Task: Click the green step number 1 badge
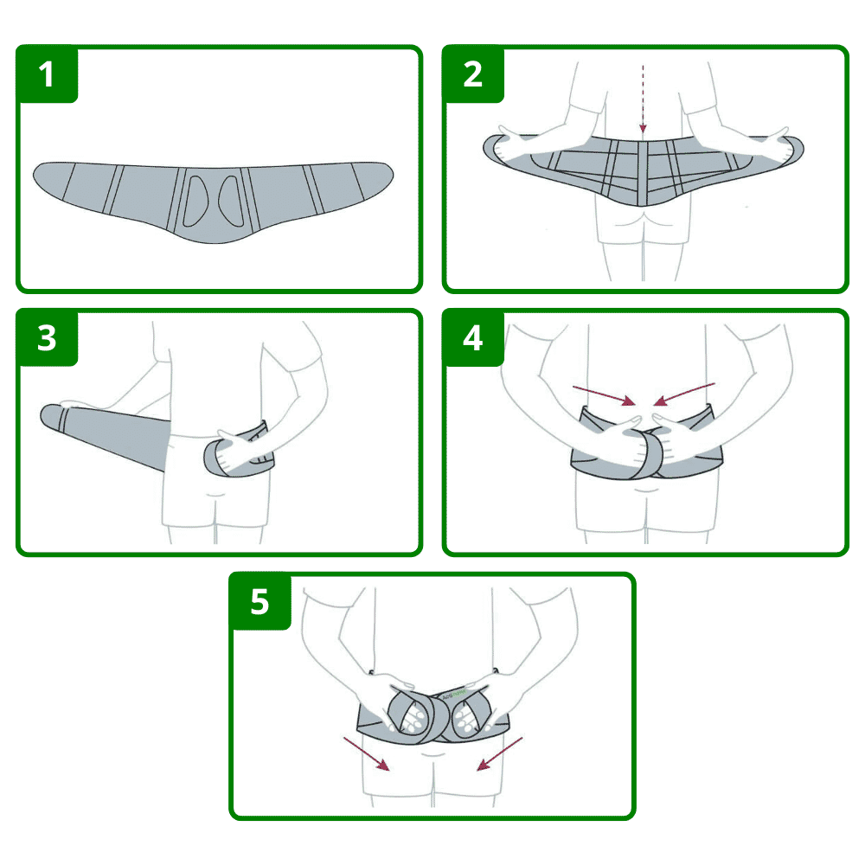[x=47, y=75]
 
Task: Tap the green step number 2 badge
[x=472, y=75]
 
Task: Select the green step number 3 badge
[x=47, y=338]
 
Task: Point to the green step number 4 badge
[x=472, y=338]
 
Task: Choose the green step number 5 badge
[x=259, y=601]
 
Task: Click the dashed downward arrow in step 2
[x=643, y=99]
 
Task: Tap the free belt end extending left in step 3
[x=69, y=418]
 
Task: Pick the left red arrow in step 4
[x=603, y=394]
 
